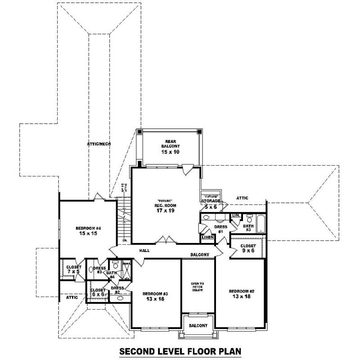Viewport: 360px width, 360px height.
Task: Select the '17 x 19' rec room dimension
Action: click(x=166, y=210)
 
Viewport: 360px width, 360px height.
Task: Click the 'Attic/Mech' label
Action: click(x=99, y=144)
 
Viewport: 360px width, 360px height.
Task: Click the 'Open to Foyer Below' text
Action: click(x=198, y=287)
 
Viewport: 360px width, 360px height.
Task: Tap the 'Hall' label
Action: click(x=144, y=251)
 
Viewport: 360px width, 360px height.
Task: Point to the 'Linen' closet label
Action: click(x=207, y=237)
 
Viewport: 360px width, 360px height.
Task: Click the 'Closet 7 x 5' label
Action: click(x=74, y=270)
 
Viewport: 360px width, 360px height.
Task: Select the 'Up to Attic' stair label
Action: click(x=125, y=188)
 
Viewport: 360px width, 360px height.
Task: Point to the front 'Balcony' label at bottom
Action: click(x=198, y=325)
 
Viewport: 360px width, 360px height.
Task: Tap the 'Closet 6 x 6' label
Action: click(x=98, y=292)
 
